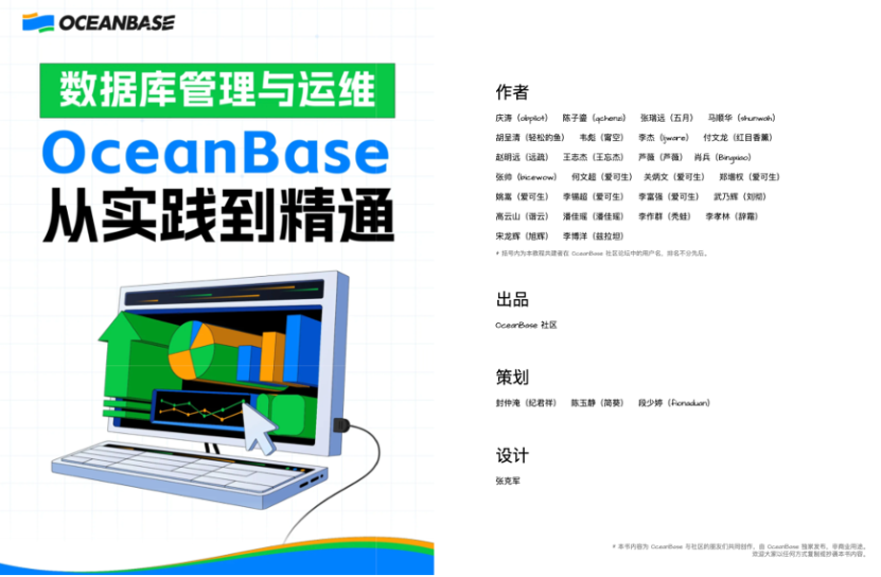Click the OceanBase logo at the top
(x=99, y=22)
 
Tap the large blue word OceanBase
(x=216, y=153)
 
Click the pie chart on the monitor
(x=192, y=349)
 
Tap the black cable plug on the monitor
(x=340, y=425)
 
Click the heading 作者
(x=511, y=92)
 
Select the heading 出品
(x=511, y=299)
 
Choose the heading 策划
(x=511, y=377)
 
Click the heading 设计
(x=511, y=455)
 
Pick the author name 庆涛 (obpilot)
(x=521, y=118)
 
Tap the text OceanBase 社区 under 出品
(x=526, y=325)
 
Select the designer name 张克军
(x=508, y=480)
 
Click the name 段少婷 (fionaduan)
(x=674, y=403)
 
